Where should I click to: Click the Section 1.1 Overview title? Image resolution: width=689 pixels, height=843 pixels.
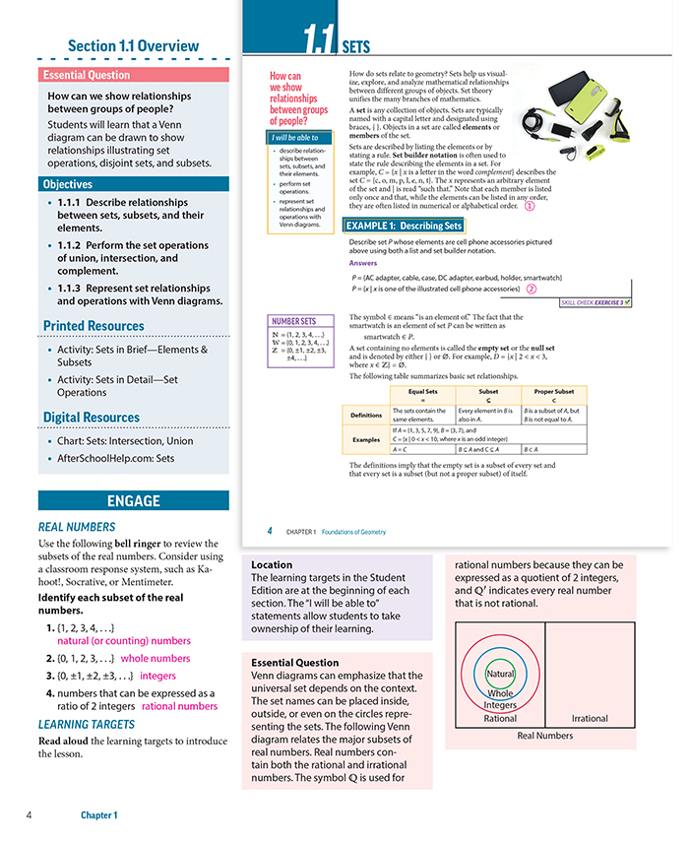click(133, 46)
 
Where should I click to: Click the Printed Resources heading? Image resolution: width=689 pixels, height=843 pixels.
click(94, 326)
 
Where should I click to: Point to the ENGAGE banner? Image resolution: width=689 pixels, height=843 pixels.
click(133, 500)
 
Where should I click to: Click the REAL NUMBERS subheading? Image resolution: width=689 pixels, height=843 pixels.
click(77, 527)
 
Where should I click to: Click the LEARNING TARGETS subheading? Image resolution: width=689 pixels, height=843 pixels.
click(87, 726)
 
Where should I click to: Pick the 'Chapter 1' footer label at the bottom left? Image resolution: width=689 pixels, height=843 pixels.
click(99, 815)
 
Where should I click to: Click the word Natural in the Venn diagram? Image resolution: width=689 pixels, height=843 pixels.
click(500, 675)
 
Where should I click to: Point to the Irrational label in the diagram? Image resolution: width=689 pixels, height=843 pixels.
click(590, 718)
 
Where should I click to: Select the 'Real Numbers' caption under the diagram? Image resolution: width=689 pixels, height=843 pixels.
click(544, 736)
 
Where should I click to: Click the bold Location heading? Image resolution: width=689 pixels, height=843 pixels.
click(271, 565)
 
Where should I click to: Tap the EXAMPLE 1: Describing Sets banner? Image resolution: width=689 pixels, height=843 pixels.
click(404, 226)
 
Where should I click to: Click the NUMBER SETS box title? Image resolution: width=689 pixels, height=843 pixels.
click(293, 321)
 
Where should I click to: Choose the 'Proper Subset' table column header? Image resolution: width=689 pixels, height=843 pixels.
click(554, 390)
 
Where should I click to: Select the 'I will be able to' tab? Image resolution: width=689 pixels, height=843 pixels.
click(296, 138)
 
